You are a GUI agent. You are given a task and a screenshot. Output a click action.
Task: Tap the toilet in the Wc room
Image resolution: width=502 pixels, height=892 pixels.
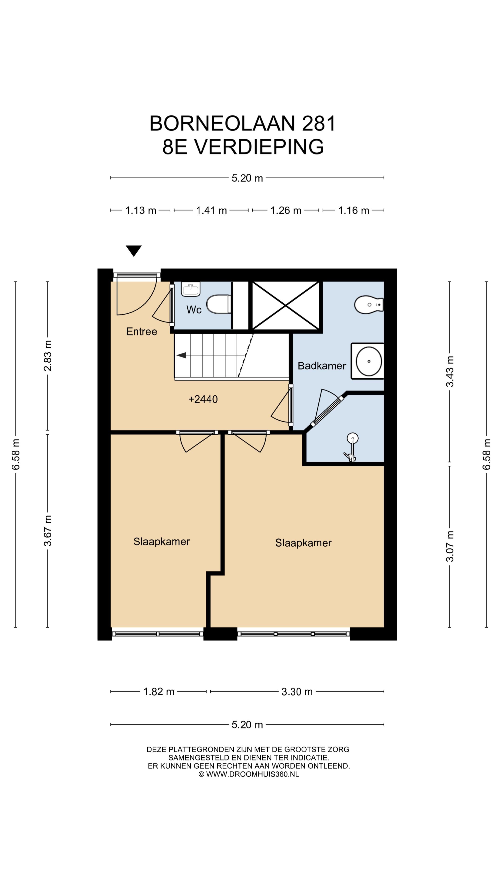(219, 304)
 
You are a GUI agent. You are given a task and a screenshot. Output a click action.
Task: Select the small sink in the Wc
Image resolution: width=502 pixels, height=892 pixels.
(191, 289)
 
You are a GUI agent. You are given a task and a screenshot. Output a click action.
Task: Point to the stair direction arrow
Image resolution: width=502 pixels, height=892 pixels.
(181, 355)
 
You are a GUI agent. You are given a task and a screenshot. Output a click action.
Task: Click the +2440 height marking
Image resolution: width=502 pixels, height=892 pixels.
(203, 399)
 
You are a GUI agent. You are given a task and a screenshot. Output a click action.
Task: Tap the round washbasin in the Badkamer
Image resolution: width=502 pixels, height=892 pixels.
(369, 361)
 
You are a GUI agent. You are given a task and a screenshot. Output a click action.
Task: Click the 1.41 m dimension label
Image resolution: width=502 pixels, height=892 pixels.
(211, 210)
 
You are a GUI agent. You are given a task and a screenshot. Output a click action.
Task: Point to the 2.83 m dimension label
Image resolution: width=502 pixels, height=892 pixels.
(47, 356)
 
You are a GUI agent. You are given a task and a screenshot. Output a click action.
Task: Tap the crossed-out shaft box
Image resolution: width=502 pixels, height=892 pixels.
(285, 305)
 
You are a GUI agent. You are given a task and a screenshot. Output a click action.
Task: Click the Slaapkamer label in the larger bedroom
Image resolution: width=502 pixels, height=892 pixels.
(303, 543)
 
